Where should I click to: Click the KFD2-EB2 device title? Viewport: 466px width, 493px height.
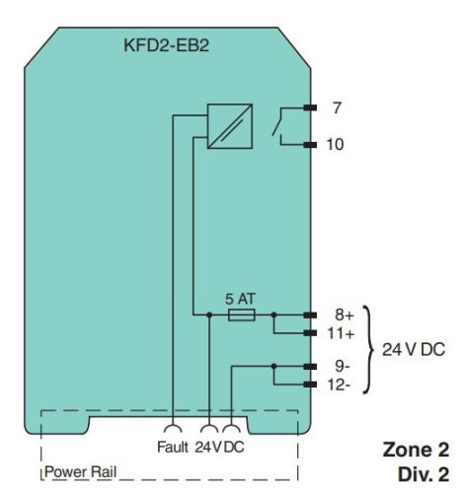tap(166, 45)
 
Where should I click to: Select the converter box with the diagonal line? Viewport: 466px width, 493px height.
tap(230, 126)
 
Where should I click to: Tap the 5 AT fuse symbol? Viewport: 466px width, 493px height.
tap(241, 315)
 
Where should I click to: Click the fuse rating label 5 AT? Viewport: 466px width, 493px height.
tap(240, 299)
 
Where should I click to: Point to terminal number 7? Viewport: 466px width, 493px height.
tap(337, 107)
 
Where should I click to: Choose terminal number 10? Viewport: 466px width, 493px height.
tap(335, 144)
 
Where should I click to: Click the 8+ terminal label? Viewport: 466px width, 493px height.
tap(345, 315)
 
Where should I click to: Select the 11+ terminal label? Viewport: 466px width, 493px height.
tap(342, 333)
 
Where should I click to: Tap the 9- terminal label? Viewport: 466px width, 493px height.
tap(343, 366)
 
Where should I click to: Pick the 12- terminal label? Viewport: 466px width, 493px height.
tap(339, 385)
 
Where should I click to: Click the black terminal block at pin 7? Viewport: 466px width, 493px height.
tap(310, 107)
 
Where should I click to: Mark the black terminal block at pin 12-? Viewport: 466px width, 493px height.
tap(310, 385)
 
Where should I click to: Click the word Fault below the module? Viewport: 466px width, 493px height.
tap(173, 447)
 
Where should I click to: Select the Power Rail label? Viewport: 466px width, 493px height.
tap(80, 471)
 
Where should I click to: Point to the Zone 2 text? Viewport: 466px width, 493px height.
tap(416, 450)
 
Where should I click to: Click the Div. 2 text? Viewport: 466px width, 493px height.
tap(424, 474)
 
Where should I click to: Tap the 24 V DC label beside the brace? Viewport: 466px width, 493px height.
tap(414, 349)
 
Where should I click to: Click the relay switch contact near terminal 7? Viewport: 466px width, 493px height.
tap(277, 121)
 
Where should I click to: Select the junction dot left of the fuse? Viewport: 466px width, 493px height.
tap(209, 315)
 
